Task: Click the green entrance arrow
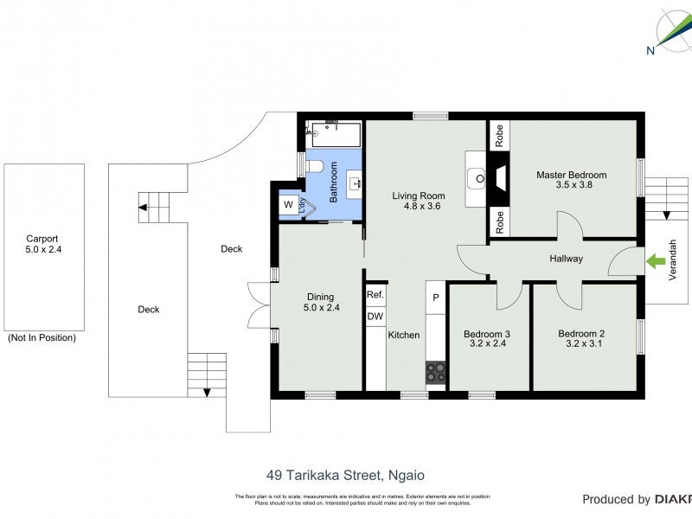pyautogui.click(x=655, y=258)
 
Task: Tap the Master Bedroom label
pyautogui.click(x=571, y=179)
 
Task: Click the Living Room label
pyautogui.click(x=418, y=201)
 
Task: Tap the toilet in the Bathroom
pyautogui.click(x=316, y=165)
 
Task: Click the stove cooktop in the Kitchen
pyautogui.click(x=436, y=372)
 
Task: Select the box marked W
pyautogui.click(x=287, y=205)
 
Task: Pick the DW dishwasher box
pyautogui.click(x=375, y=317)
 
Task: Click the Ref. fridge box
pyautogui.click(x=375, y=295)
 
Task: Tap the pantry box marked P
pyautogui.click(x=436, y=298)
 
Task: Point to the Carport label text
pyautogui.click(x=42, y=244)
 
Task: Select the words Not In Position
pyautogui.click(x=42, y=337)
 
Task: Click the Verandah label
pyautogui.click(x=673, y=260)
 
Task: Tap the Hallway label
pyautogui.click(x=566, y=259)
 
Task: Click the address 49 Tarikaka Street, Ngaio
pyautogui.click(x=345, y=475)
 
